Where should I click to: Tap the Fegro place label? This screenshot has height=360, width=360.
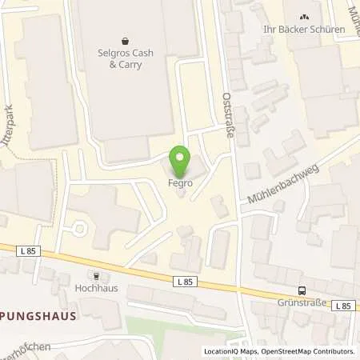180,182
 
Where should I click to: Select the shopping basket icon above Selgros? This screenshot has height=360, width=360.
125,39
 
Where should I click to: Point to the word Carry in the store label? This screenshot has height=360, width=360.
129,64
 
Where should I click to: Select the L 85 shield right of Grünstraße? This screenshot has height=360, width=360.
343,306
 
